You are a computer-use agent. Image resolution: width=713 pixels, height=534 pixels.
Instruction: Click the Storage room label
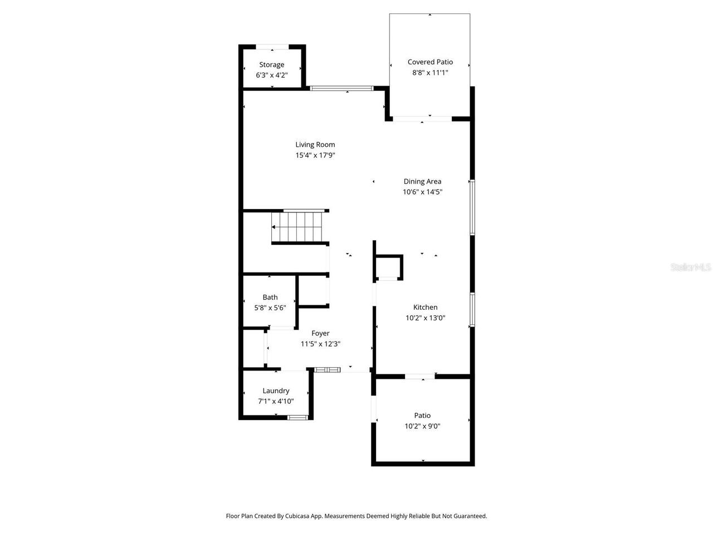coord(272,65)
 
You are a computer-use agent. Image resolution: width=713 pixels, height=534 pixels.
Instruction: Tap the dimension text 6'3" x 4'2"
coord(272,75)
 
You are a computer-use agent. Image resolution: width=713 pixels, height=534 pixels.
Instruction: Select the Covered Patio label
coord(430,62)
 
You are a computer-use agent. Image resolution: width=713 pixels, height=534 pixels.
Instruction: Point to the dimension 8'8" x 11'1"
coord(430,72)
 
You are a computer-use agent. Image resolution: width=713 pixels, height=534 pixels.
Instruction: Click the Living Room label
coord(315,145)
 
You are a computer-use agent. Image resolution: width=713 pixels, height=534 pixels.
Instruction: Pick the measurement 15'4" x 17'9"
coord(315,155)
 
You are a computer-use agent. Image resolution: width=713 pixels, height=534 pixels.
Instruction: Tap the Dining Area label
coord(422,181)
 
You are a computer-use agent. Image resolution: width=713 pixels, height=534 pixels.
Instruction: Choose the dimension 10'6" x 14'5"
coord(422,192)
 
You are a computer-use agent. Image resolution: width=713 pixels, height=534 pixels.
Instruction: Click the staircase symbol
coord(298,227)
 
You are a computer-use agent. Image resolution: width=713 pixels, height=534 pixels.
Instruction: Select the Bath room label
coord(270,298)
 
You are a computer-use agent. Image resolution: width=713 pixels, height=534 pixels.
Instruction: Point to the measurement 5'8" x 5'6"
coord(270,308)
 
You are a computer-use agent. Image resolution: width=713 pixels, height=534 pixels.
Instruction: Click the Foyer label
coord(320,333)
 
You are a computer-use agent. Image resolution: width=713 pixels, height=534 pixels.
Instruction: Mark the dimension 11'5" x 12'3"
coord(320,344)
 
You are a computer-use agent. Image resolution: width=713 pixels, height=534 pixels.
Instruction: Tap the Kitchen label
coord(425,307)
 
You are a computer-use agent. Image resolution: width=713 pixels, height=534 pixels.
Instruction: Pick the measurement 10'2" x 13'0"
coord(425,318)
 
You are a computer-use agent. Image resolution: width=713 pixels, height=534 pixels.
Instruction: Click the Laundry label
coord(276,390)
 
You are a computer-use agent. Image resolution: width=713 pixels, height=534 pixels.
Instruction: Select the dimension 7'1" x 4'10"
coord(276,401)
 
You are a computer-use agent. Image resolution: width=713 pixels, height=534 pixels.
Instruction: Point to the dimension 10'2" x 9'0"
coord(422,426)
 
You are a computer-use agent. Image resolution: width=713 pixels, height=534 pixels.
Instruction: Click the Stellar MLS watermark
coord(691,267)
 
